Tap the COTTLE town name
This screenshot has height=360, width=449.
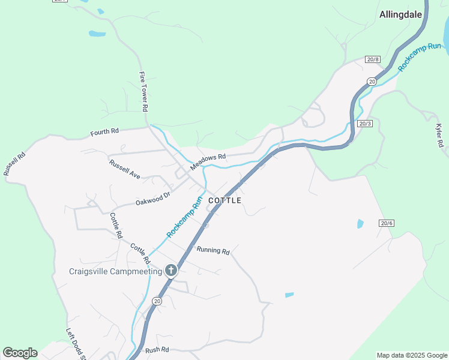tap(225, 200)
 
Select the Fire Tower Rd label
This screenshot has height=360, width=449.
tap(143, 92)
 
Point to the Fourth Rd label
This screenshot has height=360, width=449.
tap(105, 131)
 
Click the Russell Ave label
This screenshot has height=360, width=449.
tap(125, 170)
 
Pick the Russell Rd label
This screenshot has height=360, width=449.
tap(14, 163)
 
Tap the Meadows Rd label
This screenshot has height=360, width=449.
tap(208, 161)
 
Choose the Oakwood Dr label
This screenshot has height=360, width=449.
tap(153, 199)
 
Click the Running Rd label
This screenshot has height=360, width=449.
tap(213, 251)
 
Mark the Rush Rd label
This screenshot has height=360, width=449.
tap(157, 349)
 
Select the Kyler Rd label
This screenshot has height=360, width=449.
tap(439, 136)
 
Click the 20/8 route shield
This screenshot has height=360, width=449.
tap(372, 59)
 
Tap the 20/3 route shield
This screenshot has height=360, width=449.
tap(365, 123)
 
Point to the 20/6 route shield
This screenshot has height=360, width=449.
tap(387, 223)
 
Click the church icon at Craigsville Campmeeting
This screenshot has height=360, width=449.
tap(171, 271)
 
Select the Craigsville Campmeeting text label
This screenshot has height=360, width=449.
tap(115, 271)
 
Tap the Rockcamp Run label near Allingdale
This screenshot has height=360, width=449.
tap(420, 58)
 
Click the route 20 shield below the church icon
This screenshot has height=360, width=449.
tap(157, 301)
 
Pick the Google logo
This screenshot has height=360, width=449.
tap(20, 353)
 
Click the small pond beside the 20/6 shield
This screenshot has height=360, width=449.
tap(360, 224)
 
